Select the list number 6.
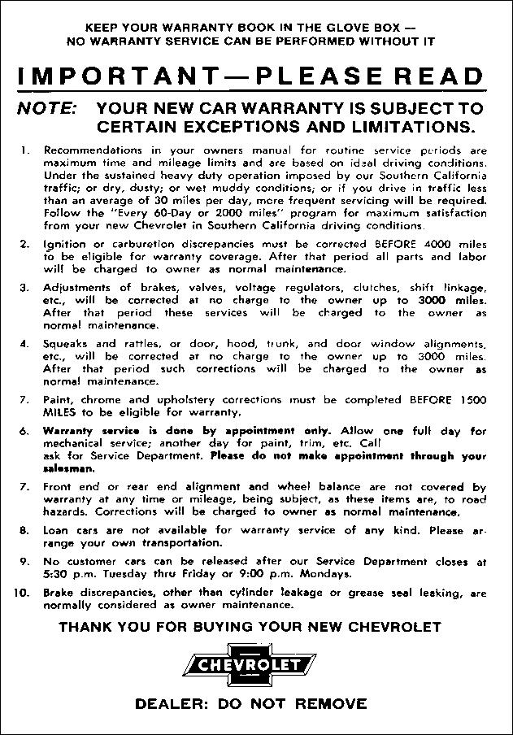25,430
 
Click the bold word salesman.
67,468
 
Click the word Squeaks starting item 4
66,344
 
